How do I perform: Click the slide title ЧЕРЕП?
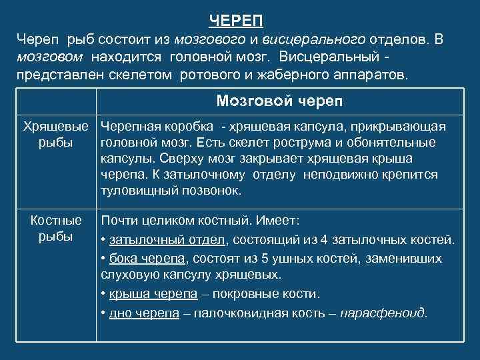(240, 21)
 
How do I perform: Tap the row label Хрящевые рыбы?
(56, 135)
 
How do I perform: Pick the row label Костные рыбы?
(56, 229)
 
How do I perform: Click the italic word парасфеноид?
(383, 313)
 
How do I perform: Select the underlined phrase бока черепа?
(142, 257)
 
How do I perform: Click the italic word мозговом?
(51, 56)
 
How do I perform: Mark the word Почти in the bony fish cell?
(118, 220)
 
